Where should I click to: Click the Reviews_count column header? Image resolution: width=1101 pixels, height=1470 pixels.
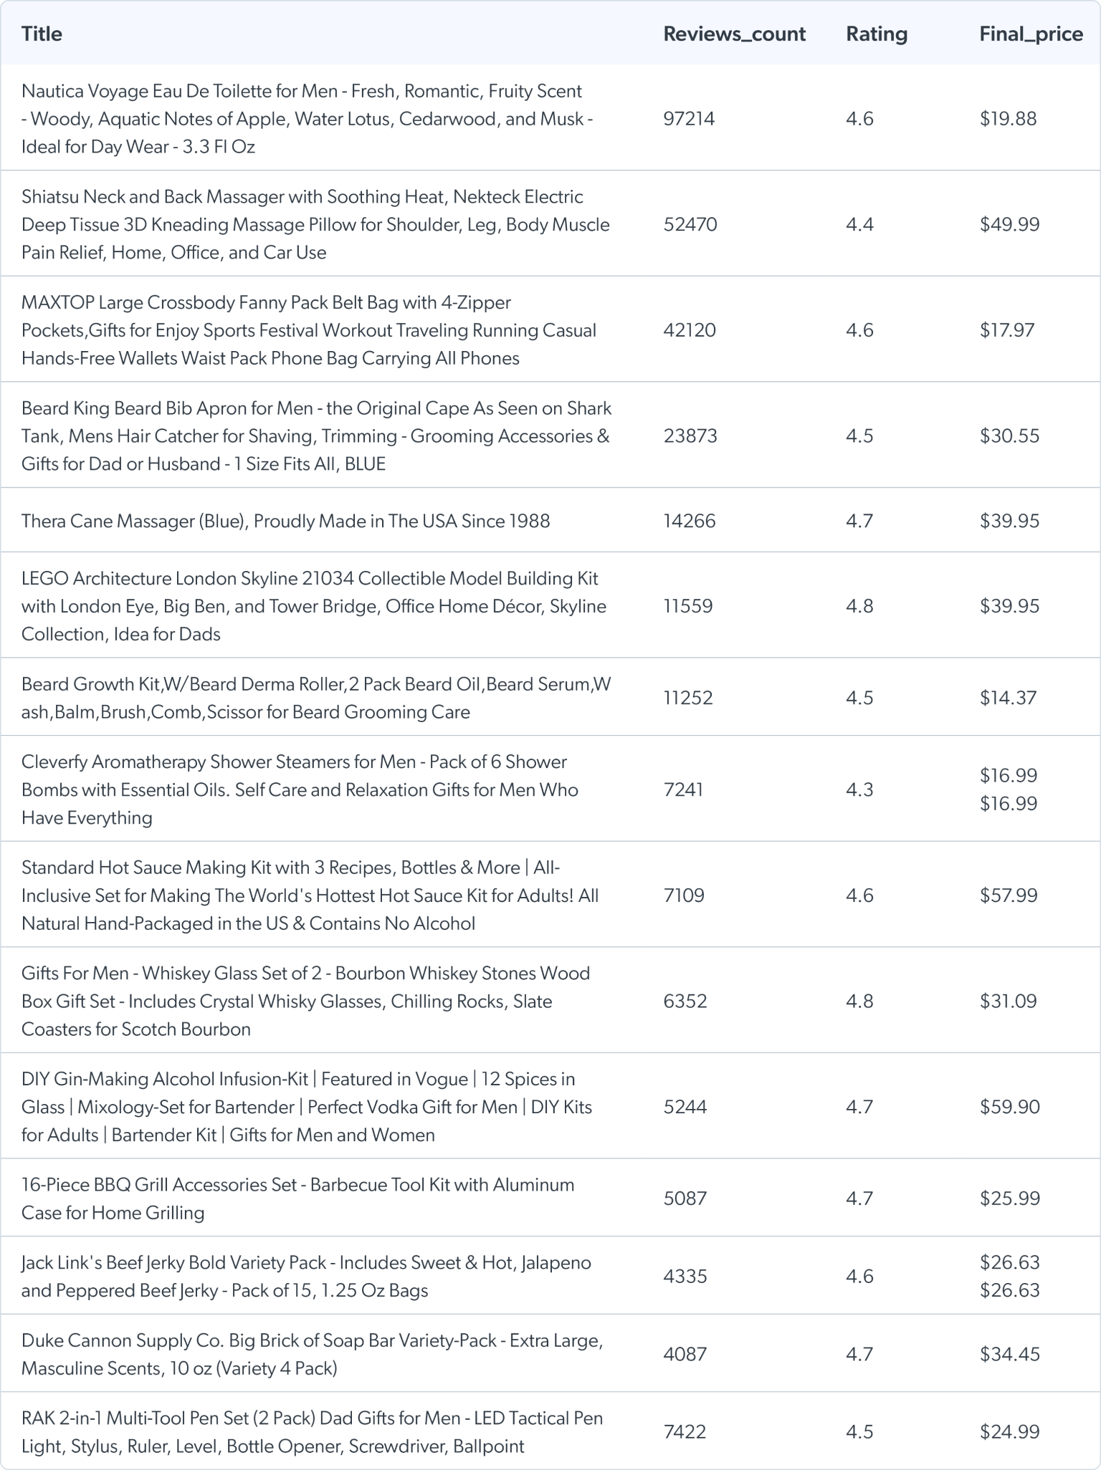click(734, 34)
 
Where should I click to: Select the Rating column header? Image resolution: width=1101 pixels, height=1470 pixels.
click(876, 34)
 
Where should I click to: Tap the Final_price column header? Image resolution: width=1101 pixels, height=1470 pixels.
click(1031, 34)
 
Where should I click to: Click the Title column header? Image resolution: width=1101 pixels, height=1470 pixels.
click(42, 34)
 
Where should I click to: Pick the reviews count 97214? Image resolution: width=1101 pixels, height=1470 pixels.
click(689, 118)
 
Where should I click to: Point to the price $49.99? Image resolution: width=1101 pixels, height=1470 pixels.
click(1009, 224)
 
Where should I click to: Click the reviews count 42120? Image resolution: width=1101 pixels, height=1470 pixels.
click(689, 330)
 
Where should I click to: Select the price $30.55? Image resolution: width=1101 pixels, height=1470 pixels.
click(1009, 436)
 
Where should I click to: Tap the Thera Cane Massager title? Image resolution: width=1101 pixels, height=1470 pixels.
click(285, 521)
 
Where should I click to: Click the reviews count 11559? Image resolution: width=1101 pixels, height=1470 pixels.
click(688, 606)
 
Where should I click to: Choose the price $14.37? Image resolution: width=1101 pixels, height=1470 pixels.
click(1008, 698)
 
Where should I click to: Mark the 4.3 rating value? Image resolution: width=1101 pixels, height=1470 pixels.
click(859, 789)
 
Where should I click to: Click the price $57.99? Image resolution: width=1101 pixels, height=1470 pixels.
click(1009, 895)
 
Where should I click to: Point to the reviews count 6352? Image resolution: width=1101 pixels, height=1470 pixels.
click(685, 1001)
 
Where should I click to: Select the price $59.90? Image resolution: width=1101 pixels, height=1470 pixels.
click(1009, 1107)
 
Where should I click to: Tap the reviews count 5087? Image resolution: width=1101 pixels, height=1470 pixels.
click(685, 1198)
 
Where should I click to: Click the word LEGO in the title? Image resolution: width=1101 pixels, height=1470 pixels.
click(44, 578)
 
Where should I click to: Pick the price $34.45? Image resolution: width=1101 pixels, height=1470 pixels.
click(1009, 1354)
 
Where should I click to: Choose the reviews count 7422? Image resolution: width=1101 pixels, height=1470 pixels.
click(685, 1431)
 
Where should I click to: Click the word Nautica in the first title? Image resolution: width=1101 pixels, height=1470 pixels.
click(49, 91)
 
